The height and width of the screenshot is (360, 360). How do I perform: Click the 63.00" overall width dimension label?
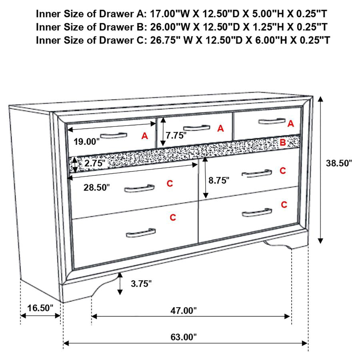(185, 337)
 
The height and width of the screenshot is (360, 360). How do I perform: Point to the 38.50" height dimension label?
(338, 163)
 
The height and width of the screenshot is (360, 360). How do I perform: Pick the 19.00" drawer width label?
(86, 141)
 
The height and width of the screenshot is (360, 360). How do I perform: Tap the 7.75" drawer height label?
(176, 136)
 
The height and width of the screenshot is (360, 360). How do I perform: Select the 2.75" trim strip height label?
(95, 163)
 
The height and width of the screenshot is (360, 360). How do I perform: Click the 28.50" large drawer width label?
(96, 188)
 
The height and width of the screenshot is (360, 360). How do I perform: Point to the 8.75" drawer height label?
(219, 180)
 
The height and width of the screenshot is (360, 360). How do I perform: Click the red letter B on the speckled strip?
(282, 142)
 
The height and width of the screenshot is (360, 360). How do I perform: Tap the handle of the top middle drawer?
(196, 128)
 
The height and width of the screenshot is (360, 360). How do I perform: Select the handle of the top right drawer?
(272, 121)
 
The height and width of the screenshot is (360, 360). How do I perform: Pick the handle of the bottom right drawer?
(257, 212)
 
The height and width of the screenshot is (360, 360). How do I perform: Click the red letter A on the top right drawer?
(291, 124)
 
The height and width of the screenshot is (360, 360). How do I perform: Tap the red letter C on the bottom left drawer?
(173, 218)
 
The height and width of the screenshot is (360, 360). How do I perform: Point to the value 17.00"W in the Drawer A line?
(168, 14)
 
